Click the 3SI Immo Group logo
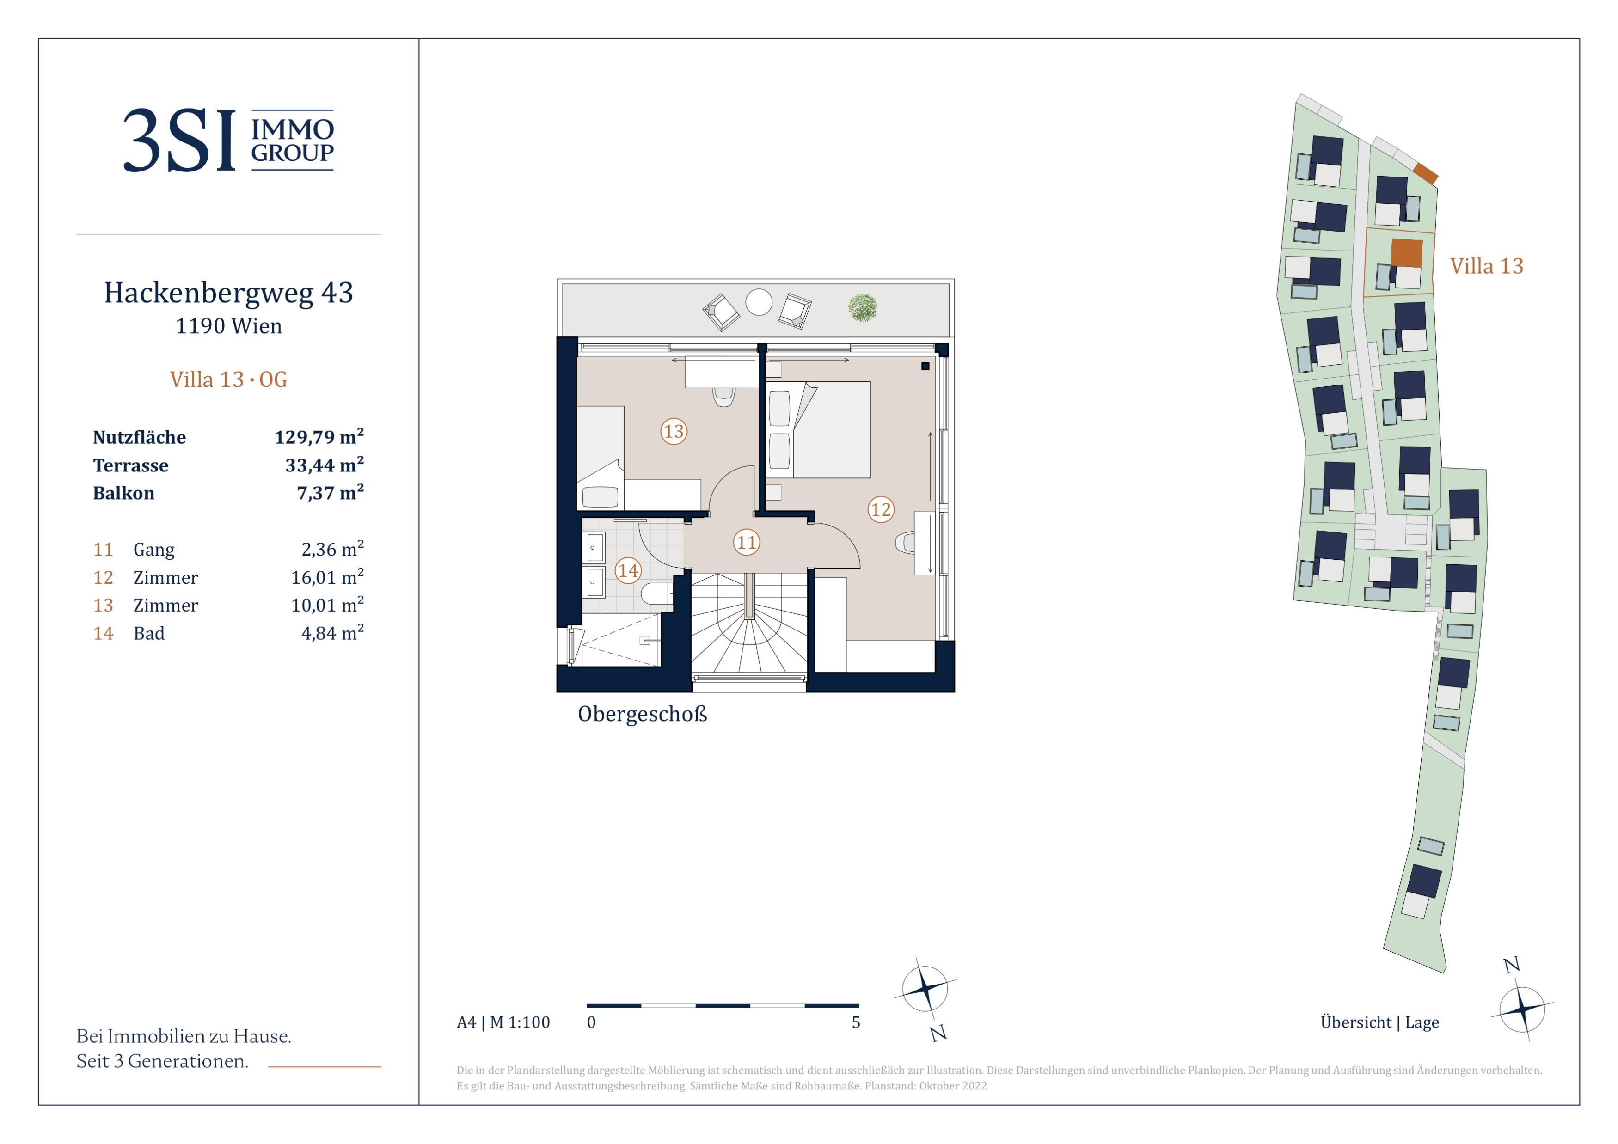pos(228,140)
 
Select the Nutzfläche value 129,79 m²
pos(319,437)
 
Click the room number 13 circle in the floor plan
pos(673,431)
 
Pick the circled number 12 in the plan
pos(880,509)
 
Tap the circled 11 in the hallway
pos(746,542)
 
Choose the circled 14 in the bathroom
pos(628,570)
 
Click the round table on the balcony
pos(759,303)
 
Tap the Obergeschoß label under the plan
pos(642,714)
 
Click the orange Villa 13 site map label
pos(1486,266)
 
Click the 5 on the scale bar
pos(856,1022)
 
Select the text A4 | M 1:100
pos(503,1022)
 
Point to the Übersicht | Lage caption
pos(1379,1022)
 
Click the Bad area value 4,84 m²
pos(333,633)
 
